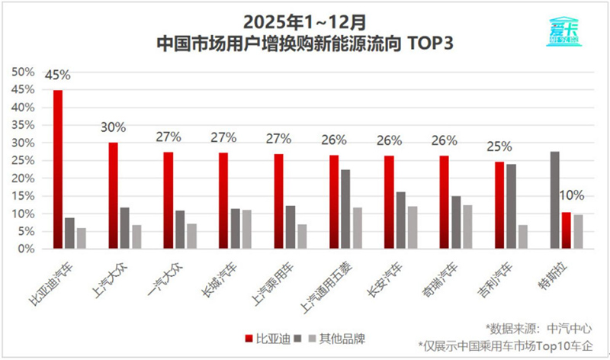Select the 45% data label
(57, 76)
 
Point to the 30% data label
(113, 127)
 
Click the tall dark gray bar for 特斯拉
(554, 200)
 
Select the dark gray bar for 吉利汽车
(511, 206)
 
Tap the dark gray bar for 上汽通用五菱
(345, 209)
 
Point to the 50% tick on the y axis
(23, 72)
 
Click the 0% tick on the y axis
(26, 249)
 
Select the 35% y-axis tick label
(23, 125)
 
